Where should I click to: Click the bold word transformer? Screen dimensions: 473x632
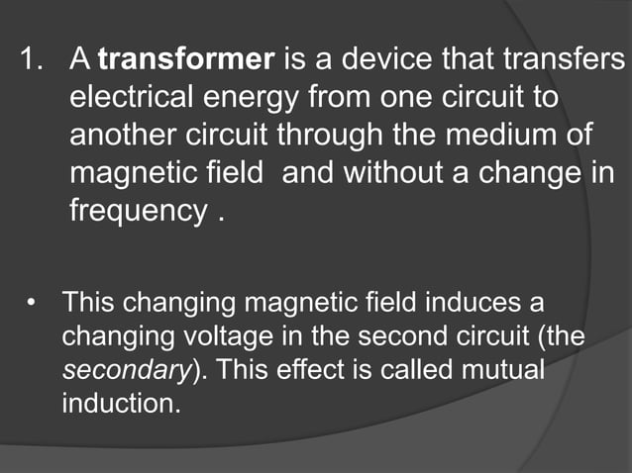pos(186,61)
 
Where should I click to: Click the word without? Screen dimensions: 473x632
pos(405,174)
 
